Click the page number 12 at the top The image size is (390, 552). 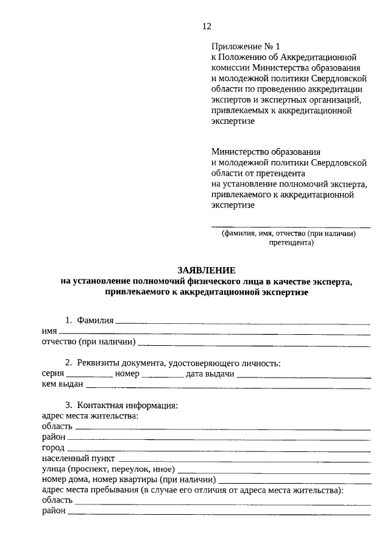pos(206,26)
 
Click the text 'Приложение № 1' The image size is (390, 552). pos(245,46)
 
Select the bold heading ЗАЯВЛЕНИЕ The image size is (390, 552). pos(205,270)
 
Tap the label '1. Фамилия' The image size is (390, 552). pos(90,320)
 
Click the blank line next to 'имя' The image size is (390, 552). pos(210,332)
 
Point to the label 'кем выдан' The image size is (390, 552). pos(62,385)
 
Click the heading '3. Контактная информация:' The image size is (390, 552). pos(121,406)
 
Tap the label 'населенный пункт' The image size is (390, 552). pos(78,458)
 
